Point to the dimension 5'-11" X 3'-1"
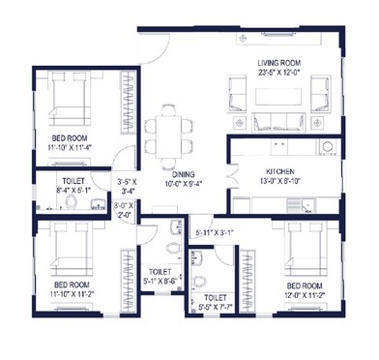click(214, 232)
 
